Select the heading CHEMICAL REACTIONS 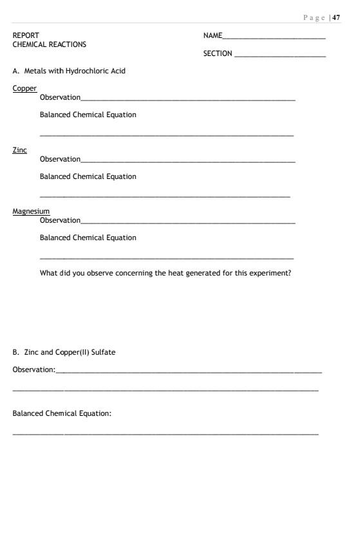click(x=49, y=44)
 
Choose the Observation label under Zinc click(x=60, y=159)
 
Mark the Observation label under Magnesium click(x=60, y=220)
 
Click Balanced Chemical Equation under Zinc click(x=88, y=176)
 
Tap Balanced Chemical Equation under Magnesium click(x=88, y=238)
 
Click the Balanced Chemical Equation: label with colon click(x=62, y=413)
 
